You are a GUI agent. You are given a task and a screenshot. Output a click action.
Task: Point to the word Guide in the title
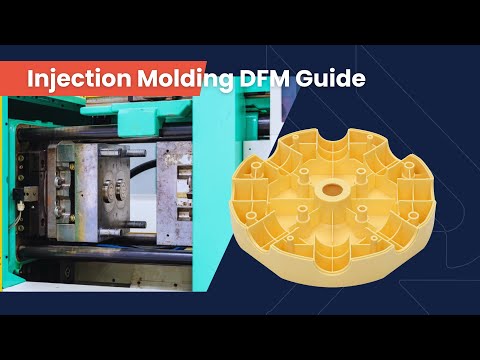tap(322, 77)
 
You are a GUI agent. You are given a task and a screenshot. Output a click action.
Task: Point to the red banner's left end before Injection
tap(8, 77)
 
